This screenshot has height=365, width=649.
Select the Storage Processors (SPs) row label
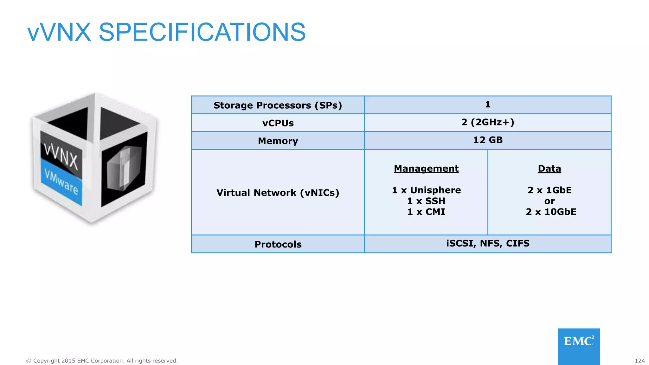click(278, 105)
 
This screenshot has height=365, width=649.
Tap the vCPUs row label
click(278, 123)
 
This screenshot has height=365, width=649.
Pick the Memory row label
click(278, 141)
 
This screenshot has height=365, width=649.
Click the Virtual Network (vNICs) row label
click(278, 193)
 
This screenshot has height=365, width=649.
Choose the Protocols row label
click(278, 244)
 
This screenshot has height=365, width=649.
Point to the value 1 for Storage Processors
click(488, 104)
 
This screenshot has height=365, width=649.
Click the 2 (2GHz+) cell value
click(488, 122)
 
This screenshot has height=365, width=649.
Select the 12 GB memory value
click(488, 140)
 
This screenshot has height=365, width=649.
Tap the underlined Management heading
click(426, 169)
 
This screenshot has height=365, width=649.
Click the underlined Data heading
click(549, 169)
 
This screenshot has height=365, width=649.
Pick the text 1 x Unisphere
click(426, 190)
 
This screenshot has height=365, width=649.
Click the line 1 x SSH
click(426, 201)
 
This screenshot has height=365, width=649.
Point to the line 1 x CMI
click(426, 212)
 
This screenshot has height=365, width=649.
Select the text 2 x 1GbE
click(549, 190)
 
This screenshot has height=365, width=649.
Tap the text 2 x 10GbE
click(551, 212)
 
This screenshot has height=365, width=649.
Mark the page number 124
click(639, 361)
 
